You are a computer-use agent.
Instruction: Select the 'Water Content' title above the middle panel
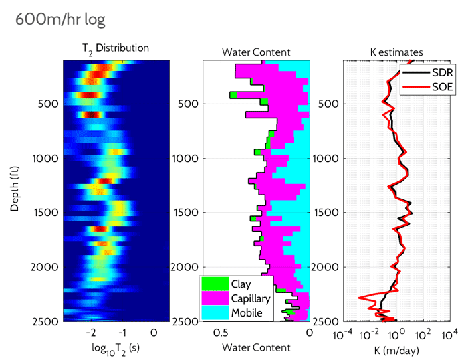[256, 52]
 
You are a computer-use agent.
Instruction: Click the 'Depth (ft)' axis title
[14, 190]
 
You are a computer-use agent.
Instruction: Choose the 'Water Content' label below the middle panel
[256, 348]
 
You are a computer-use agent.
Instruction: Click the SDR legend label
[439, 72]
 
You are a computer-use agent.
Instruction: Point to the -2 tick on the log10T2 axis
[92, 333]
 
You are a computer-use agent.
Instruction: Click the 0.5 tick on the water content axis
[221, 333]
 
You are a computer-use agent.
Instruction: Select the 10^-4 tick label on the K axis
[342, 333]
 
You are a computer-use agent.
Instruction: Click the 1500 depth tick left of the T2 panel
[45, 213]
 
